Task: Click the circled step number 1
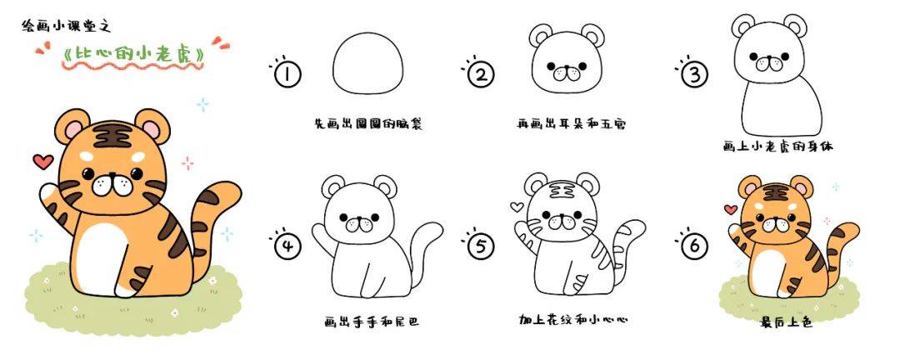tap(287, 74)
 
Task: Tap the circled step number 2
tap(481, 75)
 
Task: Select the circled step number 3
tap(694, 75)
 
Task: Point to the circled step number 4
tap(287, 247)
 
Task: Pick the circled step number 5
tap(481, 247)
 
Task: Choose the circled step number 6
tap(694, 247)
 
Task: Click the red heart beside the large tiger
tap(43, 162)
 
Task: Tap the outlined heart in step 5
tap(517, 207)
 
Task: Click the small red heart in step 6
tap(731, 209)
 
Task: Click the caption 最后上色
tap(787, 322)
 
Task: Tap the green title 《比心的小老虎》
tap(132, 54)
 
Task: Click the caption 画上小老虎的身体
tap(777, 147)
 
